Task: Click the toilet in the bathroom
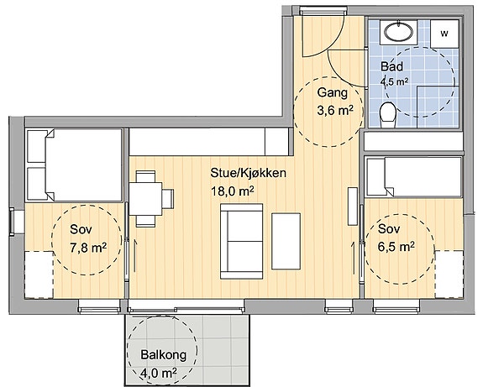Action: [388, 115]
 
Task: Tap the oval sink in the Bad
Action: [398, 32]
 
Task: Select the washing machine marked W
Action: [444, 34]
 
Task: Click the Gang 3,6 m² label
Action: [334, 102]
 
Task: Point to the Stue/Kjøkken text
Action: [248, 173]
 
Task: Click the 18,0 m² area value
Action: [233, 191]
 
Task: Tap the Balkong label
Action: [164, 354]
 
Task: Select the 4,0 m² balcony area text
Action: [158, 373]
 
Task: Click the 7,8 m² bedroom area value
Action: [88, 248]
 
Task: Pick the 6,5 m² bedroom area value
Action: [396, 247]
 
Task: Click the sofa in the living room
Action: [242, 242]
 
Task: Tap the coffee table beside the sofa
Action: [286, 242]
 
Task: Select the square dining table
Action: [145, 199]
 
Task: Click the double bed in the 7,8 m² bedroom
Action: [74, 165]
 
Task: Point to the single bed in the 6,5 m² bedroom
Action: [414, 177]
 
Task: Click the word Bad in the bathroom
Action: [391, 66]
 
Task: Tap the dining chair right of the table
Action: [168, 199]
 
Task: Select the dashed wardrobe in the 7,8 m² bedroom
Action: [39, 275]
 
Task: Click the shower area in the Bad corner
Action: [438, 107]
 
